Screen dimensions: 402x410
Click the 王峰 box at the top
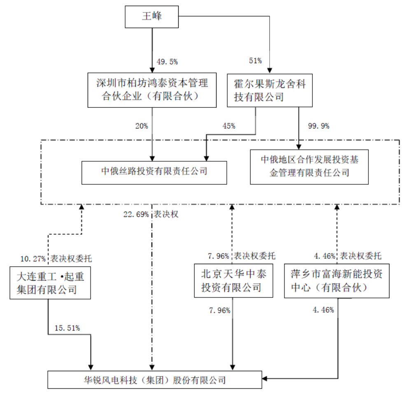click(x=152, y=17)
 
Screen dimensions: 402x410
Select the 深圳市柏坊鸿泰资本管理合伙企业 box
click(x=152, y=90)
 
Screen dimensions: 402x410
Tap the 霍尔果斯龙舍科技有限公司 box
click(x=270, y=90)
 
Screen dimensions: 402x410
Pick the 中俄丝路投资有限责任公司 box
click(x=154, y=172)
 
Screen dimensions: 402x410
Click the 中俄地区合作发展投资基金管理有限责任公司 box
click(x=309, y=166)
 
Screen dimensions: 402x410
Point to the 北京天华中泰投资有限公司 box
click(x=233, y=281)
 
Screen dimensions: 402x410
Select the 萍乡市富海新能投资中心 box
click(x=337, y=281)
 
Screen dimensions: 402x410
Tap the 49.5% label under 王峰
click(x=167, y=62)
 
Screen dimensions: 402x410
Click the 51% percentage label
click(x=255, y=61)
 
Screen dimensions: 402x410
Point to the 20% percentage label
click(x=141, y=126)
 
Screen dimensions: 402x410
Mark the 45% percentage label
click(x=229, y=126)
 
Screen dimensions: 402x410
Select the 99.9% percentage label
click(x=319, y=126)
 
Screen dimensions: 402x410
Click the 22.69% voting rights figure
click(x=135, y=214)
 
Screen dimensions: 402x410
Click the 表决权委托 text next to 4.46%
click(x=361, y=256)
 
